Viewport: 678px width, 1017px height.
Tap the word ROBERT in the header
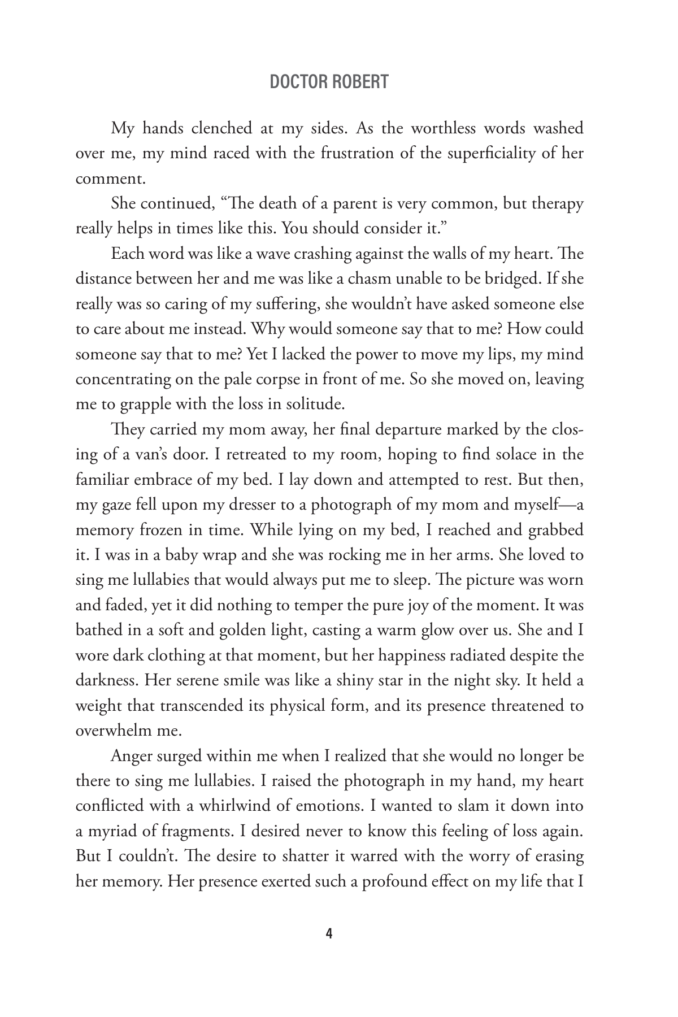click(360, 82)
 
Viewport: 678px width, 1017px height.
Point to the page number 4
click(329, 934)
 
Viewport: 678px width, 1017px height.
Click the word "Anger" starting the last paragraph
click(131, 755)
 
